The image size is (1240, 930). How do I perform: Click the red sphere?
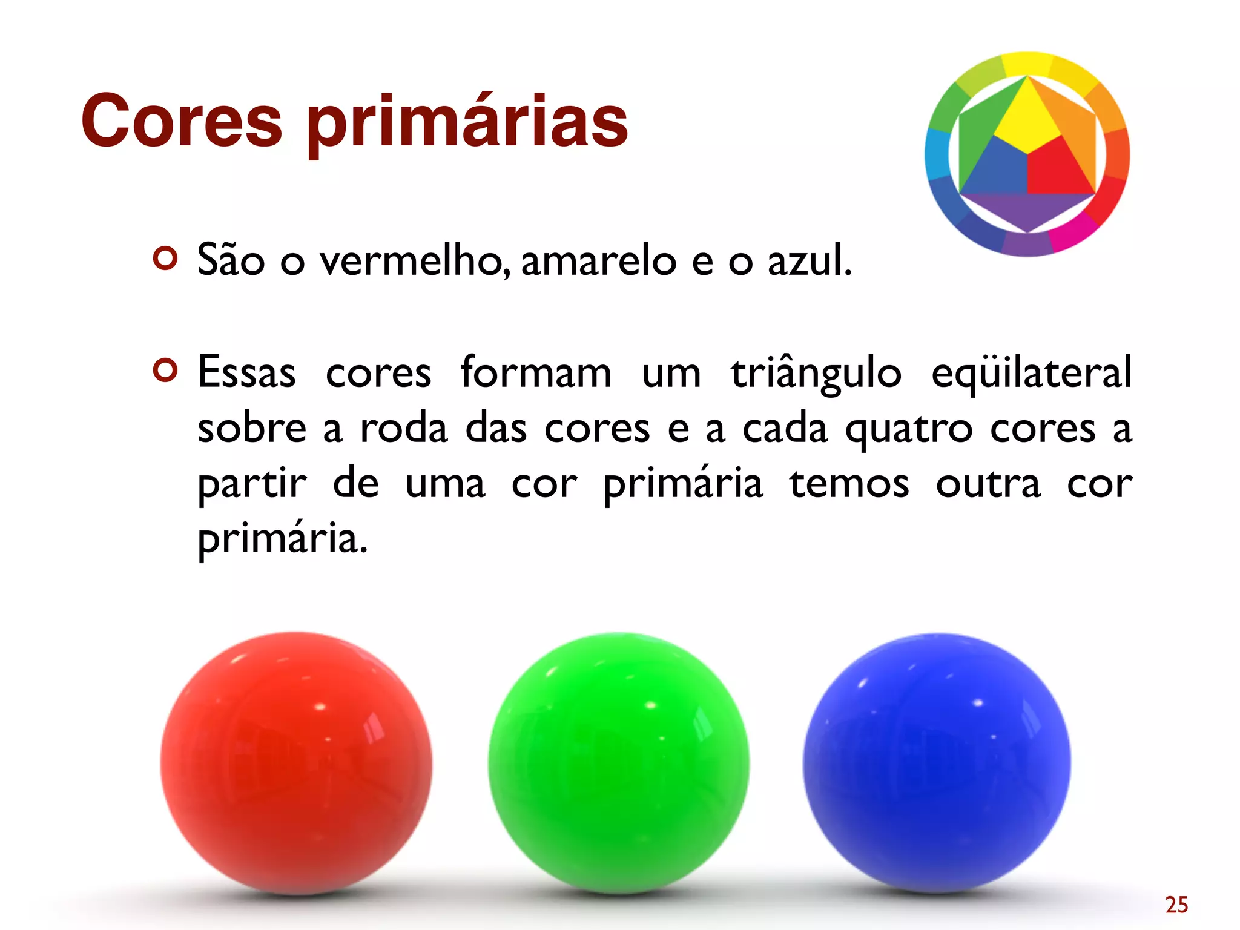296,763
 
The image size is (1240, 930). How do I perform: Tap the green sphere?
619,763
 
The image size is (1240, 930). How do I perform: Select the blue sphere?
937,763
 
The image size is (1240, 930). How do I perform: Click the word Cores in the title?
182,121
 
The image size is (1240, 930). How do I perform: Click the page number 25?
1176,905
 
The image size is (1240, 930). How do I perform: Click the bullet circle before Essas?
165,370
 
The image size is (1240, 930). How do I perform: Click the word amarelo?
598,260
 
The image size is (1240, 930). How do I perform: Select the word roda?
404,429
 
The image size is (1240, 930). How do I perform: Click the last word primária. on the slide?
282,539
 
